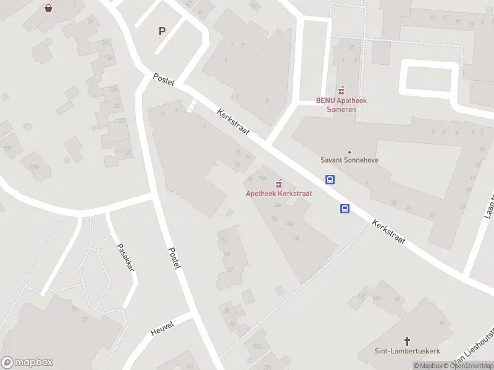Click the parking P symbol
point(162,31)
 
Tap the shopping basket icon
point(48,8)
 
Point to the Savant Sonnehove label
point(350,160)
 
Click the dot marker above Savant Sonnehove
point(350,152)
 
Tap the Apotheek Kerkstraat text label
point(279,193)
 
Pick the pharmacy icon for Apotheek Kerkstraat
point(279,183)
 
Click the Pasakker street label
point(126,258)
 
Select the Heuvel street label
point(162,328)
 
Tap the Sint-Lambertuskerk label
point(408,351)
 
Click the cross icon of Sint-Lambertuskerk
point(408,340)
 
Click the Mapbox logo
point(27,363)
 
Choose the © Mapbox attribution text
point(427,366)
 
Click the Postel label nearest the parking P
point(164,80)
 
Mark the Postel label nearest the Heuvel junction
point(175,258)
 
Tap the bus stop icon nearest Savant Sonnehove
point(330,180)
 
